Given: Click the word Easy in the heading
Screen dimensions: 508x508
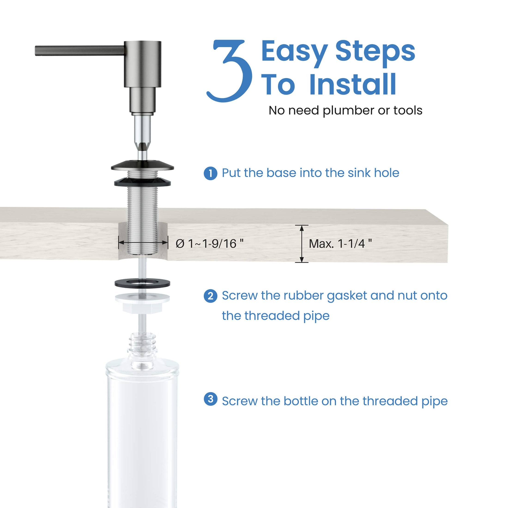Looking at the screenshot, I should [294, 51].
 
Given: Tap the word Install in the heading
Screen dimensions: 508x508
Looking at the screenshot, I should [353, 85].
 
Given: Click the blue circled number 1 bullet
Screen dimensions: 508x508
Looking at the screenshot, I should [210, 174].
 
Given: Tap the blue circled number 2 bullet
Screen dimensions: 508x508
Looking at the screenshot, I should [210, 296].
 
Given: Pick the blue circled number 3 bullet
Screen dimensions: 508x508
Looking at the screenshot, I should [210, 399].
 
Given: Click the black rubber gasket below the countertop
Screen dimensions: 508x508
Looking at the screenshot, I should [142, 283].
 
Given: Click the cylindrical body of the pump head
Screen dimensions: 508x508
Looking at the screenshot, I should [142, 64].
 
